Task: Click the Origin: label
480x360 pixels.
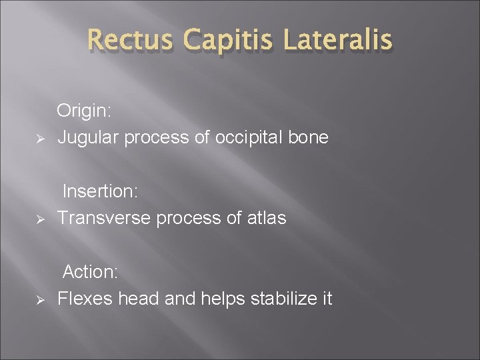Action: (83, 111)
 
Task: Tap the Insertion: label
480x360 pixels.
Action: (100, 191)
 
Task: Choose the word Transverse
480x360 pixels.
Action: (103, 218)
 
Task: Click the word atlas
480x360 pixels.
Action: (267, 218)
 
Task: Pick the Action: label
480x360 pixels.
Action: (91, 272)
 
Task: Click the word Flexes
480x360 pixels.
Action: (85, 298)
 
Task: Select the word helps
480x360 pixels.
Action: (219, 298)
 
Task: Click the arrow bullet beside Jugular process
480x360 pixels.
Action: (39, 139)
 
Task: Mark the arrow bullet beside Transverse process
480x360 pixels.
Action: (39, 219)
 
